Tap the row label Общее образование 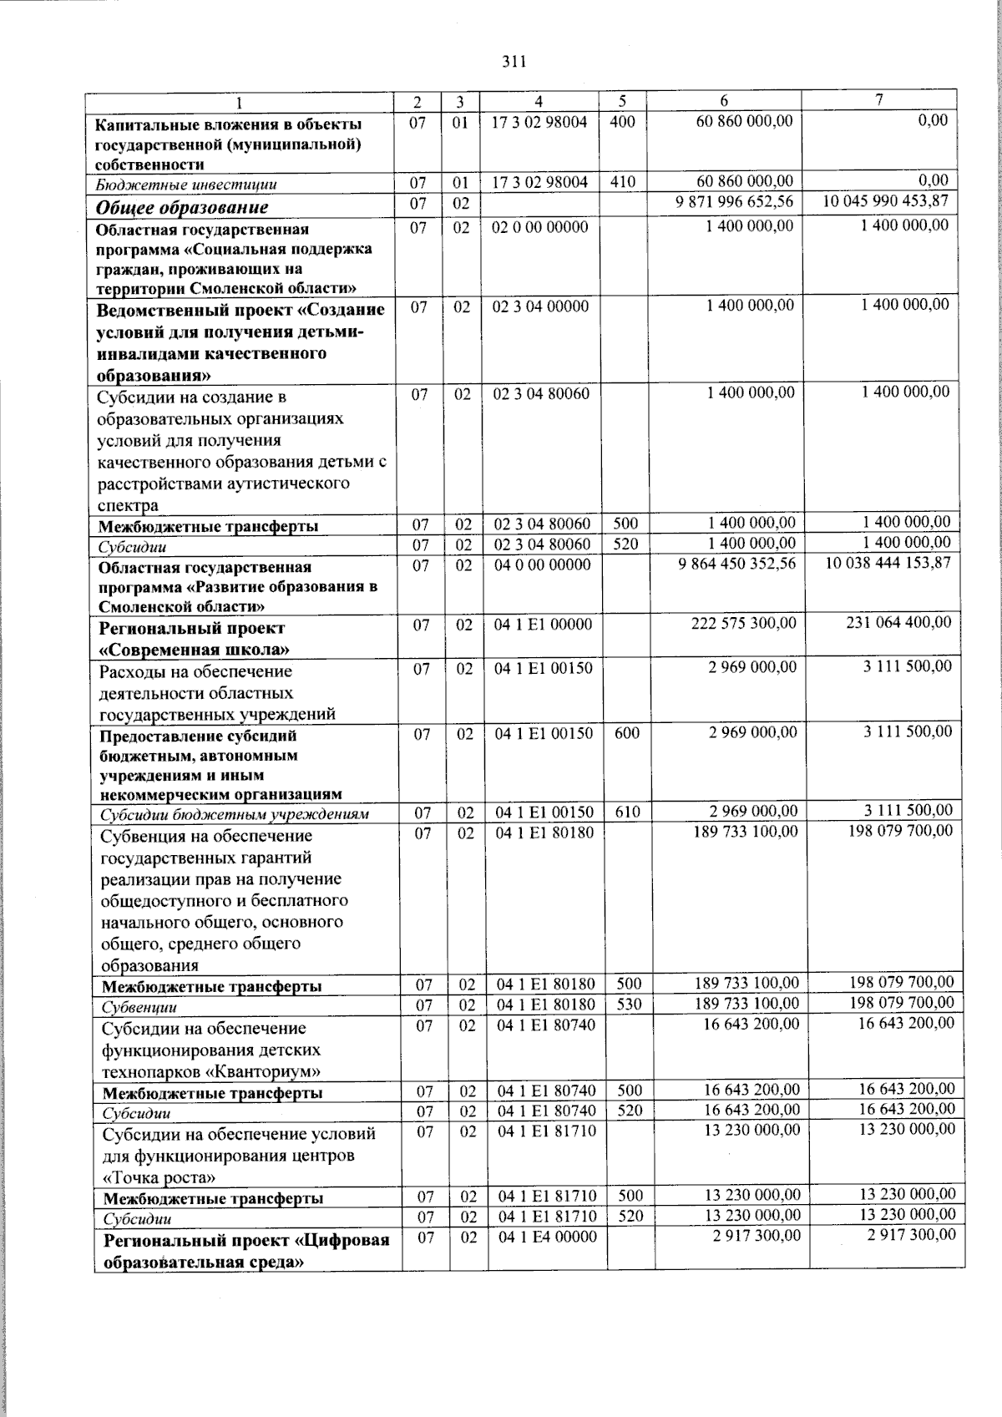[182, 207]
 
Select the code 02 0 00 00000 [540, 227]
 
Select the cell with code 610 [628, 812]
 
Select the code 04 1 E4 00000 [548, 1238]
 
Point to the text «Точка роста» [159, 1178]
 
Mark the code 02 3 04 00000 [540, 306]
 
